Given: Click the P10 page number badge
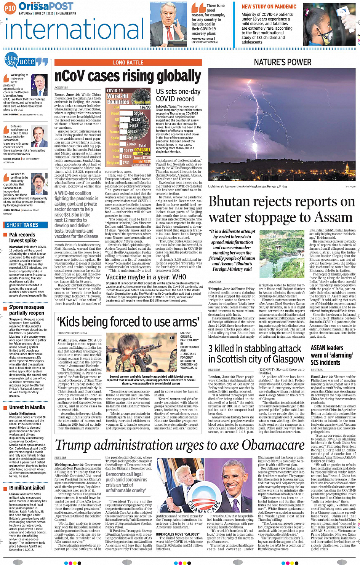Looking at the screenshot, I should click(10, 8).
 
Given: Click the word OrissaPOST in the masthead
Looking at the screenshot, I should click(46, 6).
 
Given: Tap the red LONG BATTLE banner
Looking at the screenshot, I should click(128, 62).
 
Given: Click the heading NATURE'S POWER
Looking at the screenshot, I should click(282, 62).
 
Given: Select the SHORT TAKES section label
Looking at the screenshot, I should click(22, 225).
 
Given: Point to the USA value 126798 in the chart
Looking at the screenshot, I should click(145, 107).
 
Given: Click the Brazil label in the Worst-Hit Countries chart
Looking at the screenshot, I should click(115, 113).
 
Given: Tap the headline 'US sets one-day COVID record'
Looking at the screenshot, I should click(178, 95).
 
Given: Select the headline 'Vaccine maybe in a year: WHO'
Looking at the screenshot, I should click(146, 277).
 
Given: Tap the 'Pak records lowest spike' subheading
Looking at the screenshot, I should click(22, 238).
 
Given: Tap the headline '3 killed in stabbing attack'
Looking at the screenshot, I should click(254, 349).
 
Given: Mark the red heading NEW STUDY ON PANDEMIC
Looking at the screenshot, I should click(269, 7).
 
